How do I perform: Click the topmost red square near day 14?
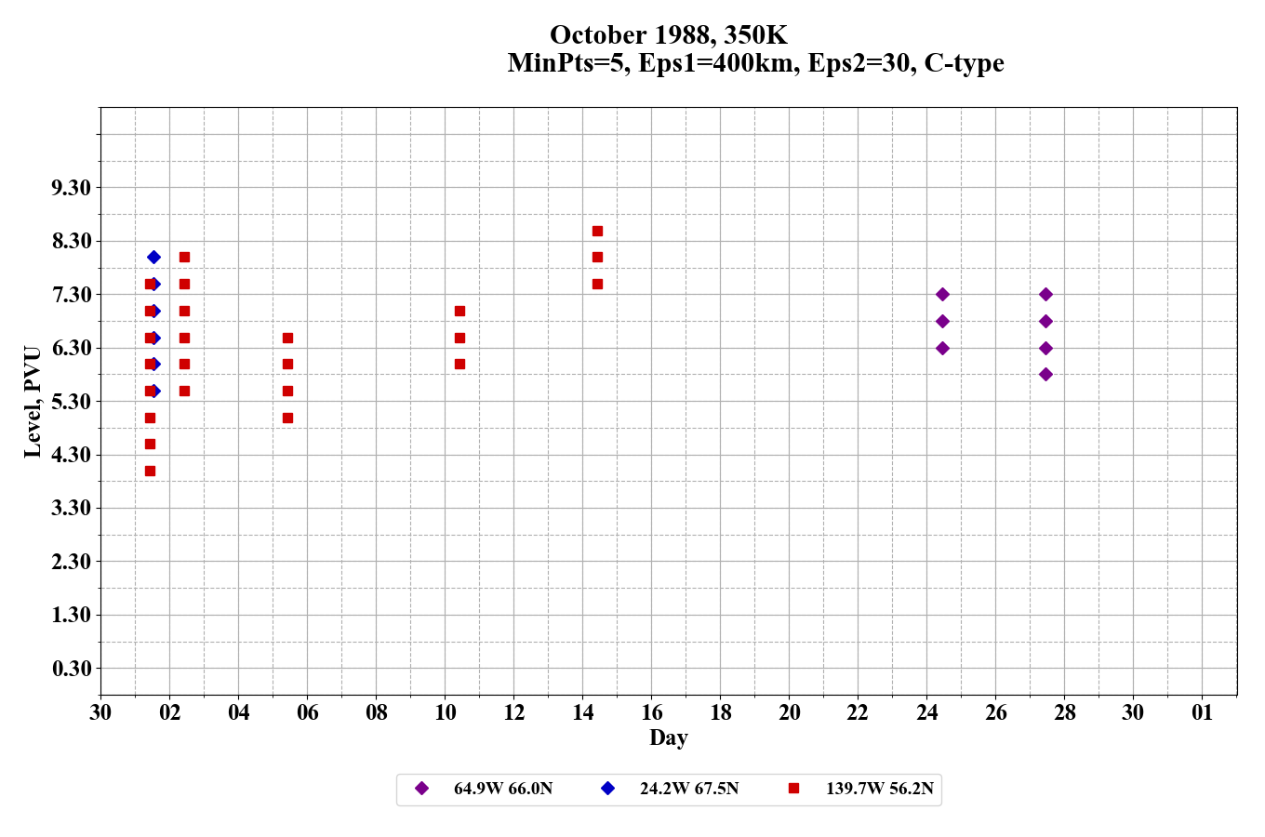click(597, 231)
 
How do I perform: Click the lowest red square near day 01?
click(150, 471)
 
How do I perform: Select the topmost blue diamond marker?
click(153, 257)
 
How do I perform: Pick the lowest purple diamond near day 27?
click(1045, 374)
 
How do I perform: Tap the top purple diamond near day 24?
click(942, 294)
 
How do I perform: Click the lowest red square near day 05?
click(287, 418)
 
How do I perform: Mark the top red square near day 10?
click(459, 311)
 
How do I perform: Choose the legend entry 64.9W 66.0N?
click(502, 789)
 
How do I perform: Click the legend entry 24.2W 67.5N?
click(688, 789)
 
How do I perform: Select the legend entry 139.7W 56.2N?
click(879, 789)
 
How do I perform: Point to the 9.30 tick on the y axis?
click(72, 188)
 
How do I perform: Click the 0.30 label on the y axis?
click(72, 669)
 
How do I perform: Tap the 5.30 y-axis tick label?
click(72, 402)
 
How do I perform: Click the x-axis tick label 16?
click(651, 712)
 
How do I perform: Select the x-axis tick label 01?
click(1202, 712)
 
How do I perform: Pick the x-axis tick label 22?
click(858, 712)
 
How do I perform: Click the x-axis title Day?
click(668, 737)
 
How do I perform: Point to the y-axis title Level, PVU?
click(33, 402)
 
